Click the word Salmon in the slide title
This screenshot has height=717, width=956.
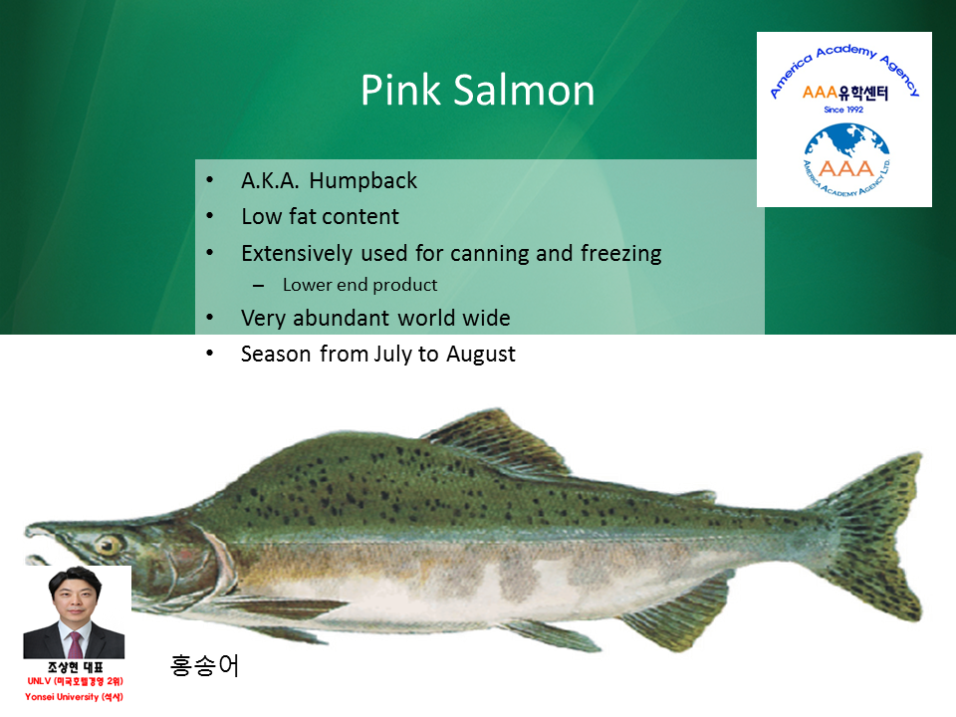point(525,91)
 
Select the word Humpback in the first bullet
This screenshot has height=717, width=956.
point(362,181)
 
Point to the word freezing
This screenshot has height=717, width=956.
point(620,254)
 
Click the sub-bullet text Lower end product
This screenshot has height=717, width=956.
point(359,285)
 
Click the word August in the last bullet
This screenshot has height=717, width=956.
point(480,355)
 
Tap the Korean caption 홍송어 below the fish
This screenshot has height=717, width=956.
point(204,665)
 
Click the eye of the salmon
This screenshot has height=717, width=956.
point(108,545)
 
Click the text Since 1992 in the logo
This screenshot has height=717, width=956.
point(843,110)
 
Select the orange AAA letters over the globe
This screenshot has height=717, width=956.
point(846,167)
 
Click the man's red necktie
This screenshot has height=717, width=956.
point(75,644)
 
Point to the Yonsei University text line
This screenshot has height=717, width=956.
point(74,697)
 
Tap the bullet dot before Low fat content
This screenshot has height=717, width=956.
point(210,216)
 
